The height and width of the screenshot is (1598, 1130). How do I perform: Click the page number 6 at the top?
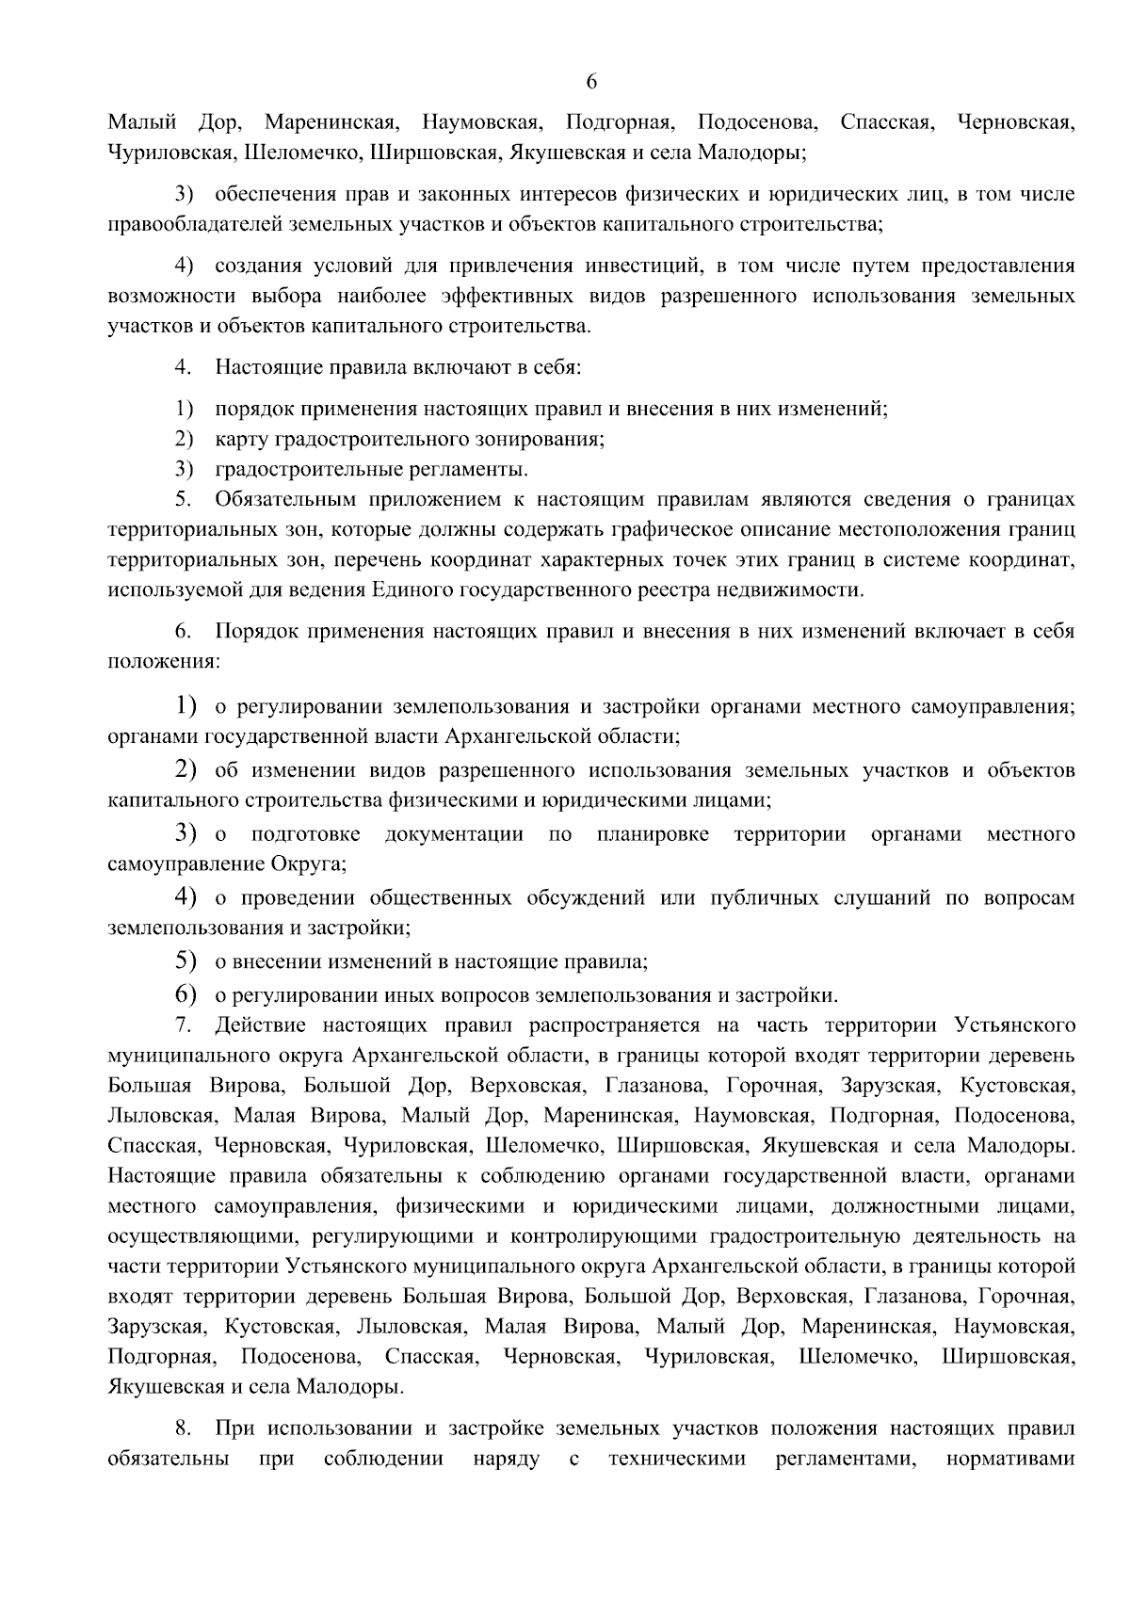tap(591, 82)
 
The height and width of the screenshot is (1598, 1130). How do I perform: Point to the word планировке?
tap(653, 834)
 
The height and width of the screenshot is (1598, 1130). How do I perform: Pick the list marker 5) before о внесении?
tap(185, 961)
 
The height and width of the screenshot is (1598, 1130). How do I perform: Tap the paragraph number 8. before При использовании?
tap(184, 1429)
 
